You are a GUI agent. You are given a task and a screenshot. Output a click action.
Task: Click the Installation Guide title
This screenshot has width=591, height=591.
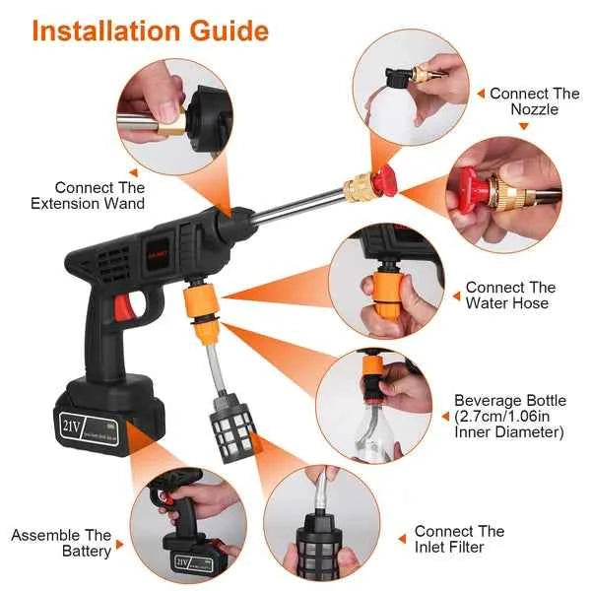[150, 30]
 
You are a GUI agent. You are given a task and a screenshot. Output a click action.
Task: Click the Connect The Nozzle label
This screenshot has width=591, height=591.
[534, 101]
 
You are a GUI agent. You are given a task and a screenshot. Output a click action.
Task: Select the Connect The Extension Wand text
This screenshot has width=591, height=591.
[99, 195]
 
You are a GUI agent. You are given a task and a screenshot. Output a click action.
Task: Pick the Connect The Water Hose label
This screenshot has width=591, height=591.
[509, 295]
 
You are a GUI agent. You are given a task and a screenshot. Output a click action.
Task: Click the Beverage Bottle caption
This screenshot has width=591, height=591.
[509, 416]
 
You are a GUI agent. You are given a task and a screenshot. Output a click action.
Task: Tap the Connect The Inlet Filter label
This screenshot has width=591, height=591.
[459, 539]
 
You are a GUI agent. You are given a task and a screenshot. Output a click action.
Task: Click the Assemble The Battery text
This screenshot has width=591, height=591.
[61, 543]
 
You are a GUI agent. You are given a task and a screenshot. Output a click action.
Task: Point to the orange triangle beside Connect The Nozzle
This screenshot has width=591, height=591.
[481, 94]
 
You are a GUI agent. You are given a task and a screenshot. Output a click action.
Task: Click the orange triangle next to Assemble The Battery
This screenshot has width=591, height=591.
[120, 544]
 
